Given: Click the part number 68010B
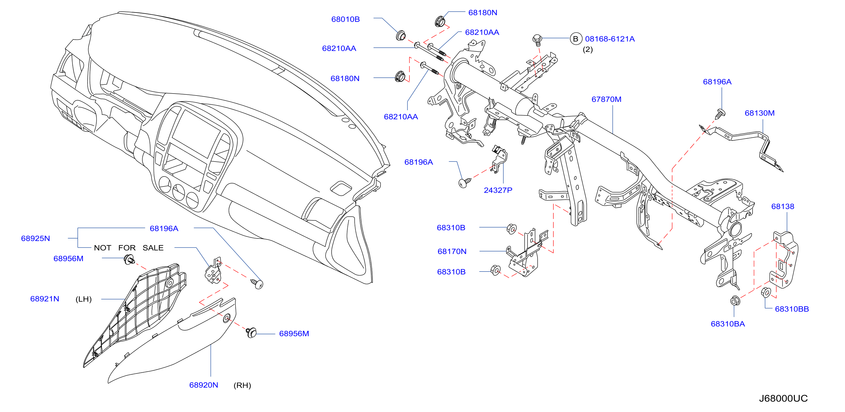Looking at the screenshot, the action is coord(345,19).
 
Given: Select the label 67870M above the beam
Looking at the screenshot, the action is coord(606,99).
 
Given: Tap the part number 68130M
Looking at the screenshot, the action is coord(759,113).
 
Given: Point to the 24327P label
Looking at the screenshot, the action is coord(498,190).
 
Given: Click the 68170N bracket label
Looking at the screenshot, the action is coord(452,252).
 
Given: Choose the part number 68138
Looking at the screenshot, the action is coord(782,207).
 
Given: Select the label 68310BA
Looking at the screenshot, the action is coord(728,324).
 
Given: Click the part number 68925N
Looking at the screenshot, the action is coord(36,238).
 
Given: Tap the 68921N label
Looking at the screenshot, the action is coord(45,299).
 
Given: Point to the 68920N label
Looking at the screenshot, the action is coord(203,385).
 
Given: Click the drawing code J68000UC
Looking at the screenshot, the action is coord(783,398).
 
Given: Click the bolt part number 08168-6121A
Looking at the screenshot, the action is coord(610,39).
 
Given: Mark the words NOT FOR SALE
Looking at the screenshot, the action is coord(128,248).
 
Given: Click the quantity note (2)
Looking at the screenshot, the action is coord(587,50).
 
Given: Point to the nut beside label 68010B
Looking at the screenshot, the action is coord(400,36).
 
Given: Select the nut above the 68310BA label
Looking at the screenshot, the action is coord(735,300).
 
